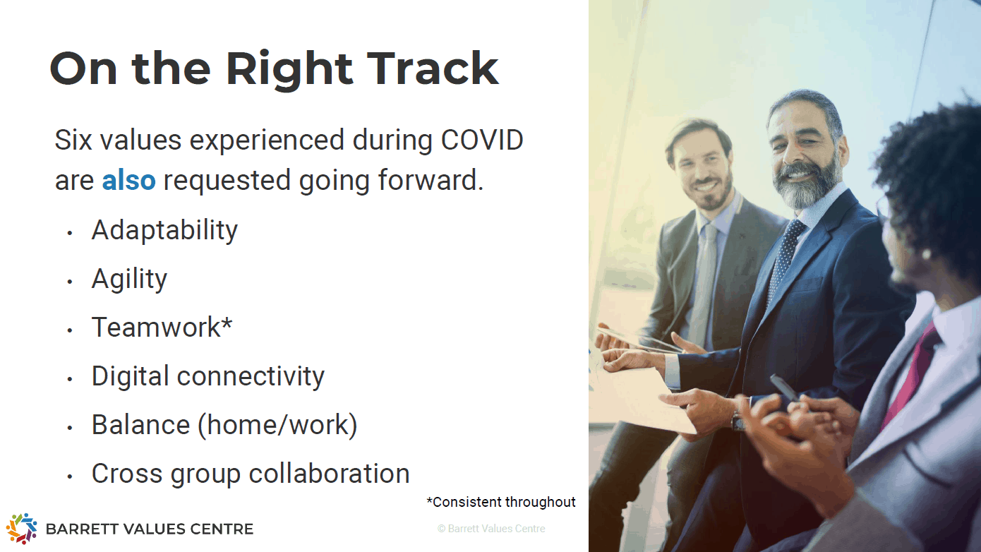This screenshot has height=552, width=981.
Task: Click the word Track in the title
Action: tap(433, 68)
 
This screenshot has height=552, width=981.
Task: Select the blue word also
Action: tap(128, 180)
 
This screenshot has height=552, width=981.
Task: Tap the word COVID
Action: tap(482, 140)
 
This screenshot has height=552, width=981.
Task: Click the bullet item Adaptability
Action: tap(164, 230)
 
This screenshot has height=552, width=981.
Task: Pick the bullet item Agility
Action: tap(129, 279)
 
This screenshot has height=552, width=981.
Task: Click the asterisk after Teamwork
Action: tap(227, 323)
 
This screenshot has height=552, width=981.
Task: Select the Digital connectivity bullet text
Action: tap(208, 376)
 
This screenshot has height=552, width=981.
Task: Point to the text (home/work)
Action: tap(277, 425)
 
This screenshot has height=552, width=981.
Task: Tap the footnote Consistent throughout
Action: tap(501, 502)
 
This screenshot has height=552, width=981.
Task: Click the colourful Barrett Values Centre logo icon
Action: tap(21, 528)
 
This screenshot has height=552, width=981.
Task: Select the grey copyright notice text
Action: tap(491, 529)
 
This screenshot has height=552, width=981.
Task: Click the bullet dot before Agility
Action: tap(70, 282)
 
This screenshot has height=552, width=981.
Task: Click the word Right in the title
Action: tap(289, 70)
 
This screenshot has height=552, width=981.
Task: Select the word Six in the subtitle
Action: tap(73, 140)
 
